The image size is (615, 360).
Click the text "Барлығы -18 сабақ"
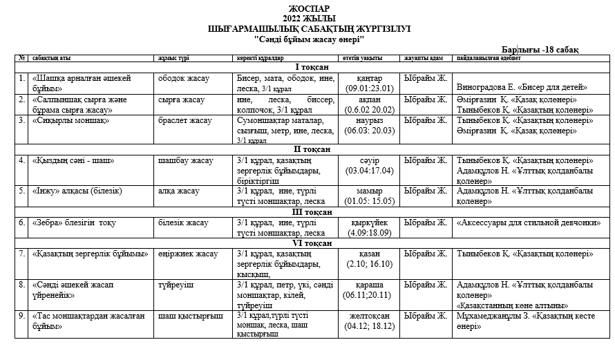[540, 49]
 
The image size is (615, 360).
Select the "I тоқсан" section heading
[312, 67]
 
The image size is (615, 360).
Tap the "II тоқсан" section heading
[312, 149]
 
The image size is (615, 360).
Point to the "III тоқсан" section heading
[312, 211]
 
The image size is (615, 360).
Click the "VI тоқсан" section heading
[312, 243]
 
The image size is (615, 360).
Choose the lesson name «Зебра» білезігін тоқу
[74, 222]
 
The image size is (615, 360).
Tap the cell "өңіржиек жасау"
[188, 254]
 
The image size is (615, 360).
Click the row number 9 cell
[23, 316]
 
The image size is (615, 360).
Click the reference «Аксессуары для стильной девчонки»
[529, 222]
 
